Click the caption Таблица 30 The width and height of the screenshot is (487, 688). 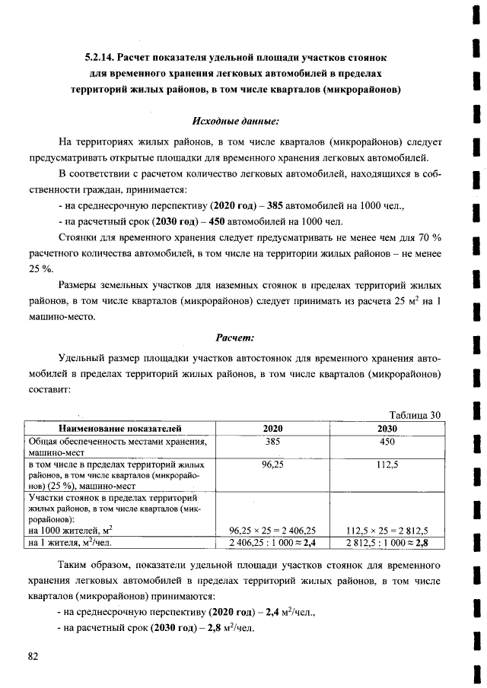[x=415, y=414]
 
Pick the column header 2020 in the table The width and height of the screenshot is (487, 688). [x=272, y=429]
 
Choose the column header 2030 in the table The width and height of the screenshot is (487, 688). [x=387, y=429]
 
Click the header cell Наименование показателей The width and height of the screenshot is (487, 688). [x=119, y=429]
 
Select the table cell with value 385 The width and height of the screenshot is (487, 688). [x=272, y=441]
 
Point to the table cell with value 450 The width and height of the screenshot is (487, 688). [x=387, y=441]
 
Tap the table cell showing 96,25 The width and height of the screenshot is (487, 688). [x=272, y=464]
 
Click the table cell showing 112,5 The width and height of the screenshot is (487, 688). [x=387, y=464]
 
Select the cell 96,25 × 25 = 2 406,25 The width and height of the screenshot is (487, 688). [x=272, y=531]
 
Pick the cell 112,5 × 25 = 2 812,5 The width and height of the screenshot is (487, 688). [x=387, y=531]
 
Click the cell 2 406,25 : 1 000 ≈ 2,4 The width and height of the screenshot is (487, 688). [x=272, y=543]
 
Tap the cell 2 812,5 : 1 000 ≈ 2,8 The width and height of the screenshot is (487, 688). [x=387, y=543]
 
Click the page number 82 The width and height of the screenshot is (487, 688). [x=33, y=656]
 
